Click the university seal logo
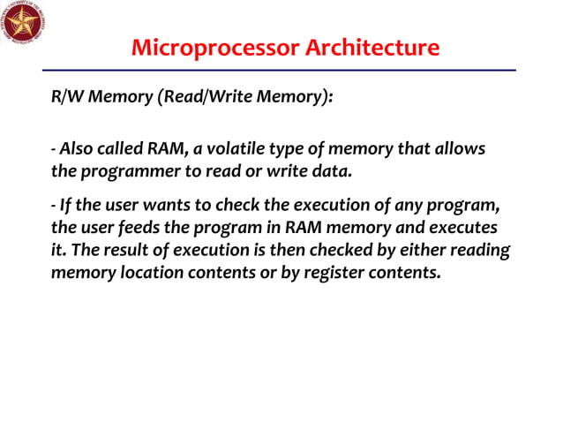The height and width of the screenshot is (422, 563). (x=23, y=23)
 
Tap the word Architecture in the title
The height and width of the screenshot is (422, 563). (x=373, y=48)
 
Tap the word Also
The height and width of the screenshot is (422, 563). (x=75, y=148)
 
